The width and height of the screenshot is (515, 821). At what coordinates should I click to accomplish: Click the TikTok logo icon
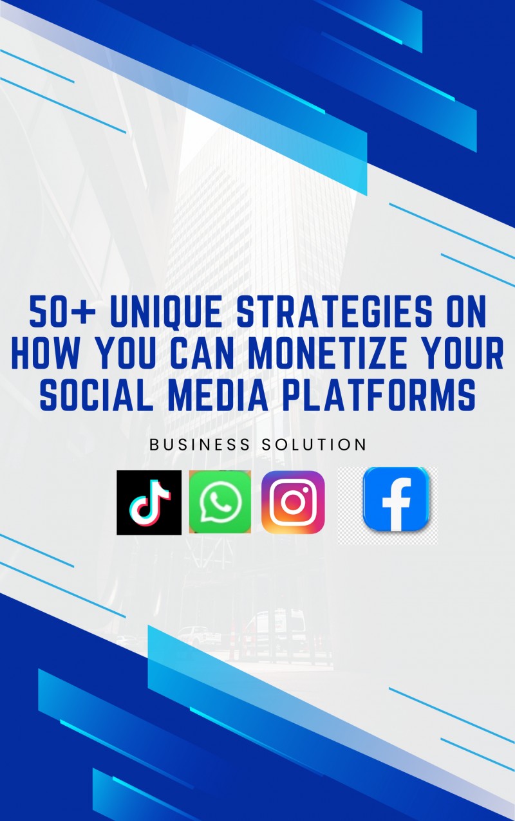[x=149, y=503]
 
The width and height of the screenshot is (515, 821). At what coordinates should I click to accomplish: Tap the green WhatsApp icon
[x=220, y=502]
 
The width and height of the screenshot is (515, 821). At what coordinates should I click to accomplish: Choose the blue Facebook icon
[x=395, y=499]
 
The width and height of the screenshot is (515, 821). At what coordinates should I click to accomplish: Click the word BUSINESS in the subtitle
[x=200, y=445]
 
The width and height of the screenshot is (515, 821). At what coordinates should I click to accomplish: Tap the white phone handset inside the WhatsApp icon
[x=220, y=501]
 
